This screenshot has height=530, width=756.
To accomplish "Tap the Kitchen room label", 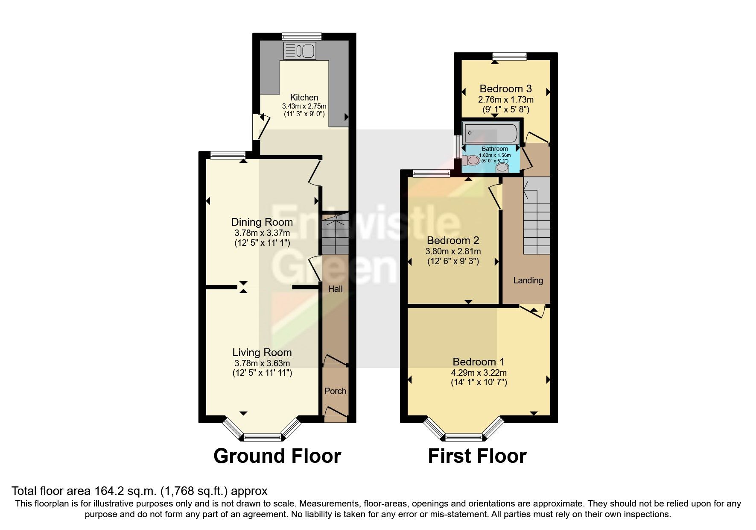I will [304, 97].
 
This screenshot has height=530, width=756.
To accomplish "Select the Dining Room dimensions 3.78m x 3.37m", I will [262, 233].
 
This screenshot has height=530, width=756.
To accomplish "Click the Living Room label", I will [262, 352].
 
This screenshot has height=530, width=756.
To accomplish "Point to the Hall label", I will [335, 289].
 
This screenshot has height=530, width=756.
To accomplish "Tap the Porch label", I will [335, 391].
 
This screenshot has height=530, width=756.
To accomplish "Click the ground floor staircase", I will [335, 237].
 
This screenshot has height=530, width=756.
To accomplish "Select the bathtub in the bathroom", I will [491, 133].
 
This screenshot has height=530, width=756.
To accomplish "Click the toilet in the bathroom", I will [471, 161].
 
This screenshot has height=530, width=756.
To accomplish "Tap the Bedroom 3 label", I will [505, 88].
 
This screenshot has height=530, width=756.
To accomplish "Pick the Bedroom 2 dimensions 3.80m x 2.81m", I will [453, 251].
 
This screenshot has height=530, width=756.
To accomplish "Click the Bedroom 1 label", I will [479, 362].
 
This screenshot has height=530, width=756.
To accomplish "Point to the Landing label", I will [528, 280].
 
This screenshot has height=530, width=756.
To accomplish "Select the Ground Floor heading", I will [277, 456].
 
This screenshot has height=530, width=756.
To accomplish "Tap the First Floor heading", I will [477, 456].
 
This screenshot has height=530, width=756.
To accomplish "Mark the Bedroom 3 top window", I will [509, 56].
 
